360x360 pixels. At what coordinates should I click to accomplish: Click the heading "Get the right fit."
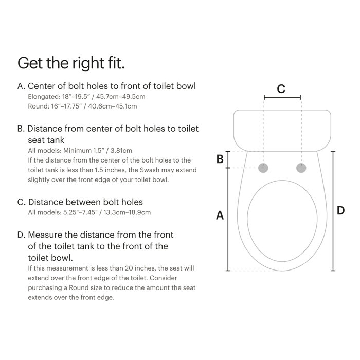(x=71, y=63)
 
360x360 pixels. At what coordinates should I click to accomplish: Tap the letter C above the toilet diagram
(x=281, y=88)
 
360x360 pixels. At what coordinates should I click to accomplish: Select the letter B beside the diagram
(x=220, y=159)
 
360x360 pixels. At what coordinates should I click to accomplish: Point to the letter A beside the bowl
(x=220, y=215)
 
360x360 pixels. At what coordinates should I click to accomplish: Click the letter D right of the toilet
(x=340, y=210)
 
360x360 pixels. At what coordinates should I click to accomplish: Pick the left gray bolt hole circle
(x=263, y=168)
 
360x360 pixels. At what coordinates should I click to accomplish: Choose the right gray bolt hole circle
(x=301, y=168)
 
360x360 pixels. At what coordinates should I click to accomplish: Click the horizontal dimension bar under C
(x=282, y=97)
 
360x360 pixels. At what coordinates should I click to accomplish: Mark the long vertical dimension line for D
(x=333, y=211)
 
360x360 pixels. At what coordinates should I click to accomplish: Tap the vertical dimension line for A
(x=228, y=220)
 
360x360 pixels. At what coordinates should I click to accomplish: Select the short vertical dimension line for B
(x=228, y=159)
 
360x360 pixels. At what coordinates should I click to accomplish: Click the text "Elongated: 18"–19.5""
(x=60, y=96)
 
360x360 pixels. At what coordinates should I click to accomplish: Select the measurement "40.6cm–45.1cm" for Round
(x=113, y=106)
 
